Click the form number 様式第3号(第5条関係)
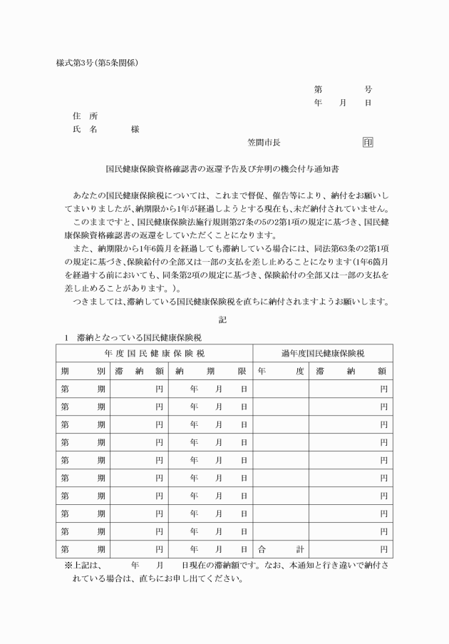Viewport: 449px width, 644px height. click(97, 63)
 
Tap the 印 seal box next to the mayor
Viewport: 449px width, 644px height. click(367, 142)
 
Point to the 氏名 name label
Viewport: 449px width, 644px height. click(85, 129)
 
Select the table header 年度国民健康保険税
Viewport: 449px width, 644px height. click(154, 353)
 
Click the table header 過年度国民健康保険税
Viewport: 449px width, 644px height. click(321, 353)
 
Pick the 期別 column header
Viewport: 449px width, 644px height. click(83, 371)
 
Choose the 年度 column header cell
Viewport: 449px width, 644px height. click(281, 371)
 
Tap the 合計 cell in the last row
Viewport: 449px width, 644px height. click(281, 550)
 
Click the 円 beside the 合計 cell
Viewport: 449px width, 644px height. click(383, 550)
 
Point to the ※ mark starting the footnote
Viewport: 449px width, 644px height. click(68, 565)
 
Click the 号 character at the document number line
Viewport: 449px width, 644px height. click(368, 90)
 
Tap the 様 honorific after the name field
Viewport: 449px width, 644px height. click(135, 129)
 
